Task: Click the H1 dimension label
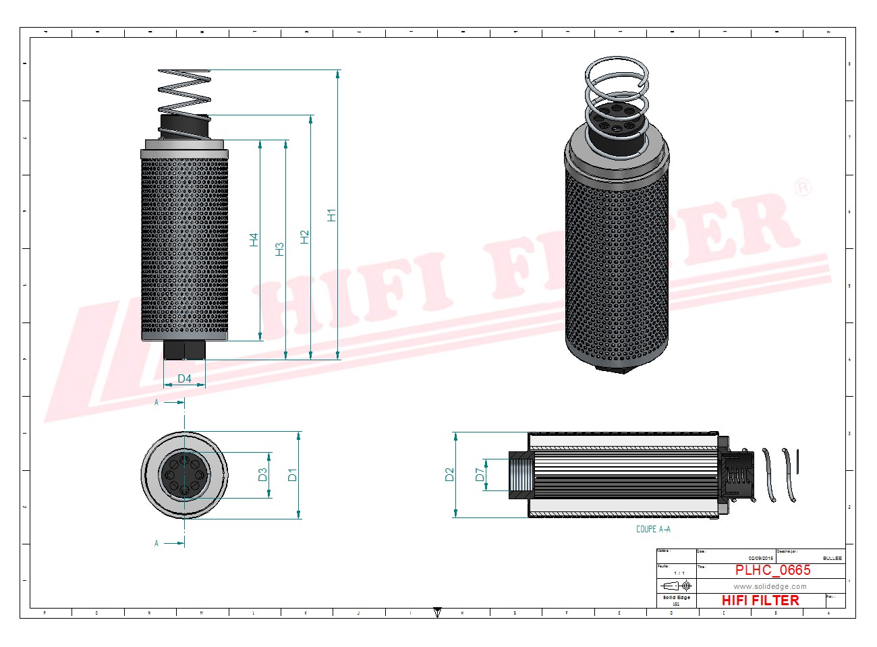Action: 331,215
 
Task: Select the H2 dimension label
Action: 305,237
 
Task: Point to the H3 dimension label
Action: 279,249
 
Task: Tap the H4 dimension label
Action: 254,240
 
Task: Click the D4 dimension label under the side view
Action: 184,379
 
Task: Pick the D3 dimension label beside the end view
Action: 263,474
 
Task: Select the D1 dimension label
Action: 292,474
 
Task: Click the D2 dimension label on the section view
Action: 450,474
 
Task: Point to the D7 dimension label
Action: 480,474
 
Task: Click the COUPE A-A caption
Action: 653,529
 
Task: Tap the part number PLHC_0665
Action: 772,570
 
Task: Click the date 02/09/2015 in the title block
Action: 760,558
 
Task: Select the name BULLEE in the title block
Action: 832,558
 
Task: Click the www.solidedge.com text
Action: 770,586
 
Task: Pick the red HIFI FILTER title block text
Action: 760,600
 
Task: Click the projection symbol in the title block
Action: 677,586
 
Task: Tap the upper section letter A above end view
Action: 157,402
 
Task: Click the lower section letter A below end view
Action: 157,543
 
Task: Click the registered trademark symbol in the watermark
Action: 802,187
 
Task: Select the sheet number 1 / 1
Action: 679,573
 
